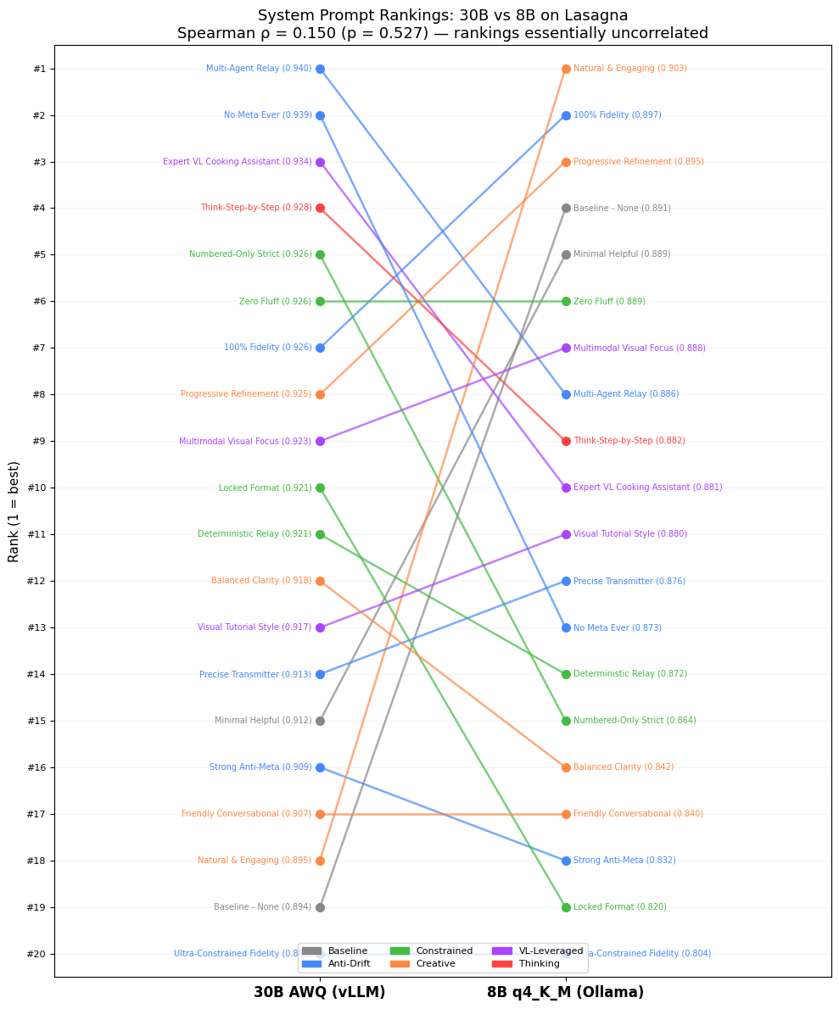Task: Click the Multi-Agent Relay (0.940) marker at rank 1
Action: (x=320, y=69)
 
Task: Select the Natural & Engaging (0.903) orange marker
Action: (x=566, y=69)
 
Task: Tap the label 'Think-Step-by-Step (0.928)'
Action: (x=255, y=208)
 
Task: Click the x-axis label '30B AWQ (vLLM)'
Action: (x=319, y=992)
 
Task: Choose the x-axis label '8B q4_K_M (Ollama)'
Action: (x=565, y=992)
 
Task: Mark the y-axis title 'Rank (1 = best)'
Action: (x=14, y=511)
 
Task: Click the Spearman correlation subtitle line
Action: (x=442, y=34)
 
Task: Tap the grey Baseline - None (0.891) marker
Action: (x=566, y=208)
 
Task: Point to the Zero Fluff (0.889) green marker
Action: (x=566, y=301)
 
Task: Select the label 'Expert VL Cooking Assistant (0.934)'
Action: (x=237, y=162)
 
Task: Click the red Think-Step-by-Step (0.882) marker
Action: (x=566, y=441)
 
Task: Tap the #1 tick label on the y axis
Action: (x=39, y=69)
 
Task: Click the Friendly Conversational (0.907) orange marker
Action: (x=320, y=814)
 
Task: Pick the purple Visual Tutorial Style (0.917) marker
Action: (x=320, y=627)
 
